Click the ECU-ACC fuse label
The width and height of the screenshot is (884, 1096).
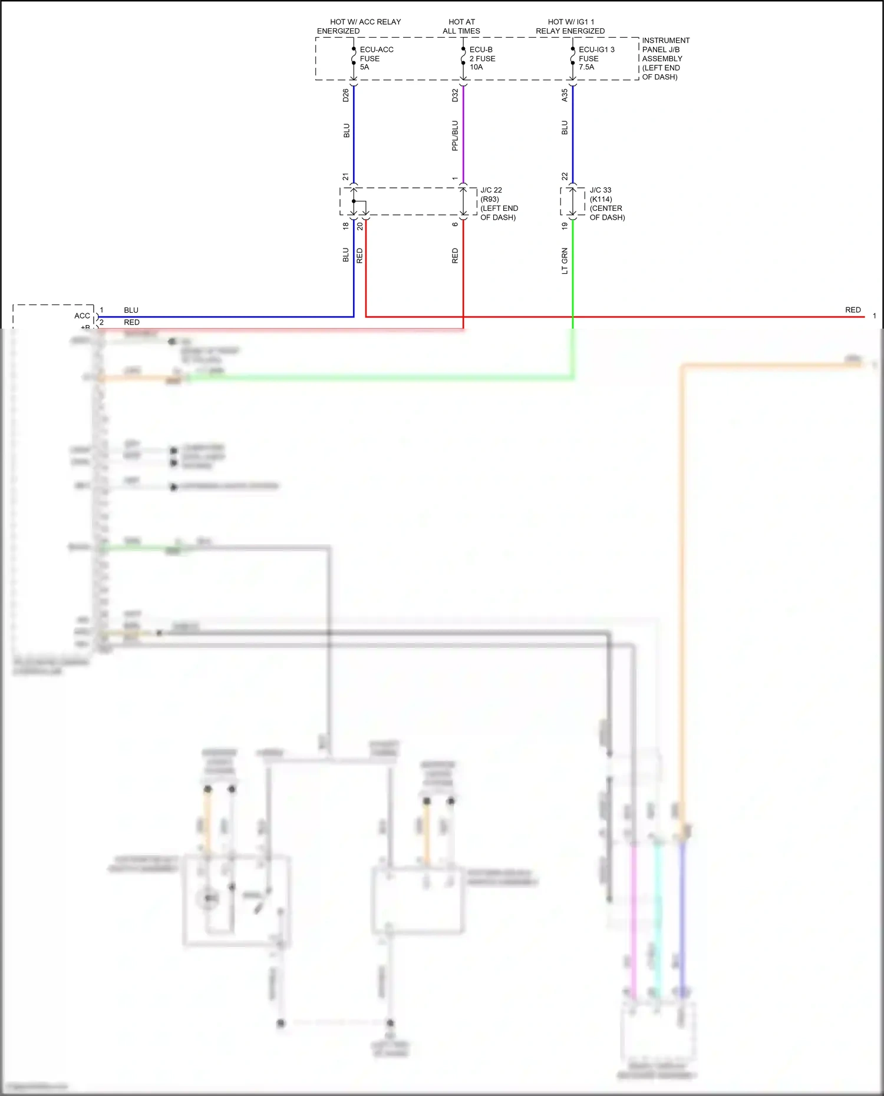[x=376, y=58]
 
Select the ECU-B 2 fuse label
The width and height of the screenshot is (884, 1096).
[x=482, y=58]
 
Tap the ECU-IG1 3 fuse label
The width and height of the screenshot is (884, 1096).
[x=596, y=58]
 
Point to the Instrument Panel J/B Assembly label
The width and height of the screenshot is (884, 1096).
[x=665, y=58]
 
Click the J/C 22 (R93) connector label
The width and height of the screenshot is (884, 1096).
[x=498, y=204]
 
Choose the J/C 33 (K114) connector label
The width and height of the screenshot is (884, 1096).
[x=607, y=204]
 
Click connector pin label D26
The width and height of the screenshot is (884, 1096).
[x=346, y=95]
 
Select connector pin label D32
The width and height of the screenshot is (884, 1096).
[x=455, y=95]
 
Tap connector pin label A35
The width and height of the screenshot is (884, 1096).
[x=565, y=95]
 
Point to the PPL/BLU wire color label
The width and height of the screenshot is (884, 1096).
[x=455, y=135]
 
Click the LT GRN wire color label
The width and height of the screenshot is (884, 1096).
[x=565, y=261]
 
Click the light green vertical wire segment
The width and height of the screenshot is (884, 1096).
[x=573, y=271]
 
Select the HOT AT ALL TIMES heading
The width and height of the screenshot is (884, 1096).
[x=461, y=27]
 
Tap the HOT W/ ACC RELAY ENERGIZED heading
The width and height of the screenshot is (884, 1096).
[x=359, y=27]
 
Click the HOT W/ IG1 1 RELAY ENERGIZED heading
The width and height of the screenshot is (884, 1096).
[x=570, y=27]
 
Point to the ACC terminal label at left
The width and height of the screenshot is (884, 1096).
[x=82, y=316]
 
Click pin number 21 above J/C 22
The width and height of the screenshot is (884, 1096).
[x=346, y=177]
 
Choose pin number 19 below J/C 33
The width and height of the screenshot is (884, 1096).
[x=565, y=226]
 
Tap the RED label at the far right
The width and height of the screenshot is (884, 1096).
[x=853, y=310]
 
